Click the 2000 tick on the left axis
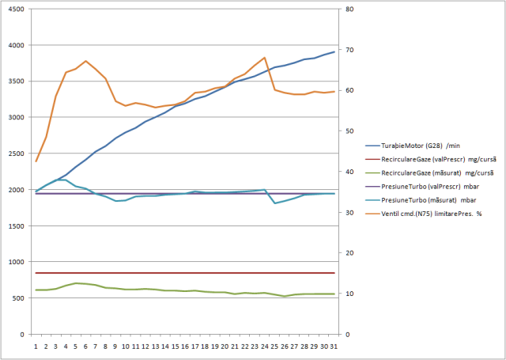tap(15, 190)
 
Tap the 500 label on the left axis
tap(17, 298)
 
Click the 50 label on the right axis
tap(349, 131)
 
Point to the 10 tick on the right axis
tap(349, 294)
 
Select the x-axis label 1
tap(36, 347)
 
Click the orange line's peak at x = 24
tap(264, 58)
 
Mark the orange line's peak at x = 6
tap(85, 61)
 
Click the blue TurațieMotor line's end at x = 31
tap(334, 51)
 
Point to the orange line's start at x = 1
tap(36, 161)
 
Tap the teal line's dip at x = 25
tap(274, 203)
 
